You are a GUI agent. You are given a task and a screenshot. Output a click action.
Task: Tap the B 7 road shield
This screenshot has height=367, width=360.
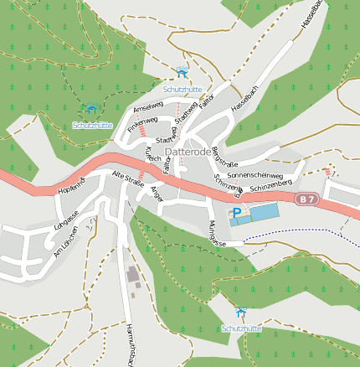pos(306,199)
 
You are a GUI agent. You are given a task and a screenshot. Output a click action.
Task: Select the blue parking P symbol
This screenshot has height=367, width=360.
pos(236,213)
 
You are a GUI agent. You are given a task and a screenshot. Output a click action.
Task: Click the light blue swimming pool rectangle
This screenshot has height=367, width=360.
pos(262,213)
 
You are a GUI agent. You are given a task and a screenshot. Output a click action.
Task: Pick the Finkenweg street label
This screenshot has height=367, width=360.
pos(142,123)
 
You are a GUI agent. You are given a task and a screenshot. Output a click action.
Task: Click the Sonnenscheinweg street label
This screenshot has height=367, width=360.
pos(255,175)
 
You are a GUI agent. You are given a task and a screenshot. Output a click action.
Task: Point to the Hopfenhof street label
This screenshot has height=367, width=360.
pos(72,187)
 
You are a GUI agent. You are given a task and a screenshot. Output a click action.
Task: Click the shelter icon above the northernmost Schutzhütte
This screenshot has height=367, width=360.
pos(183,73)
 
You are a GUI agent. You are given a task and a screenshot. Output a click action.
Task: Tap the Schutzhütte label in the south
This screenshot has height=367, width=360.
pos(242,328)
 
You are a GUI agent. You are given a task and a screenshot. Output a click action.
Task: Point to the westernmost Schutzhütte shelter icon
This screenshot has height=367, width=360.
pos(91,109)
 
